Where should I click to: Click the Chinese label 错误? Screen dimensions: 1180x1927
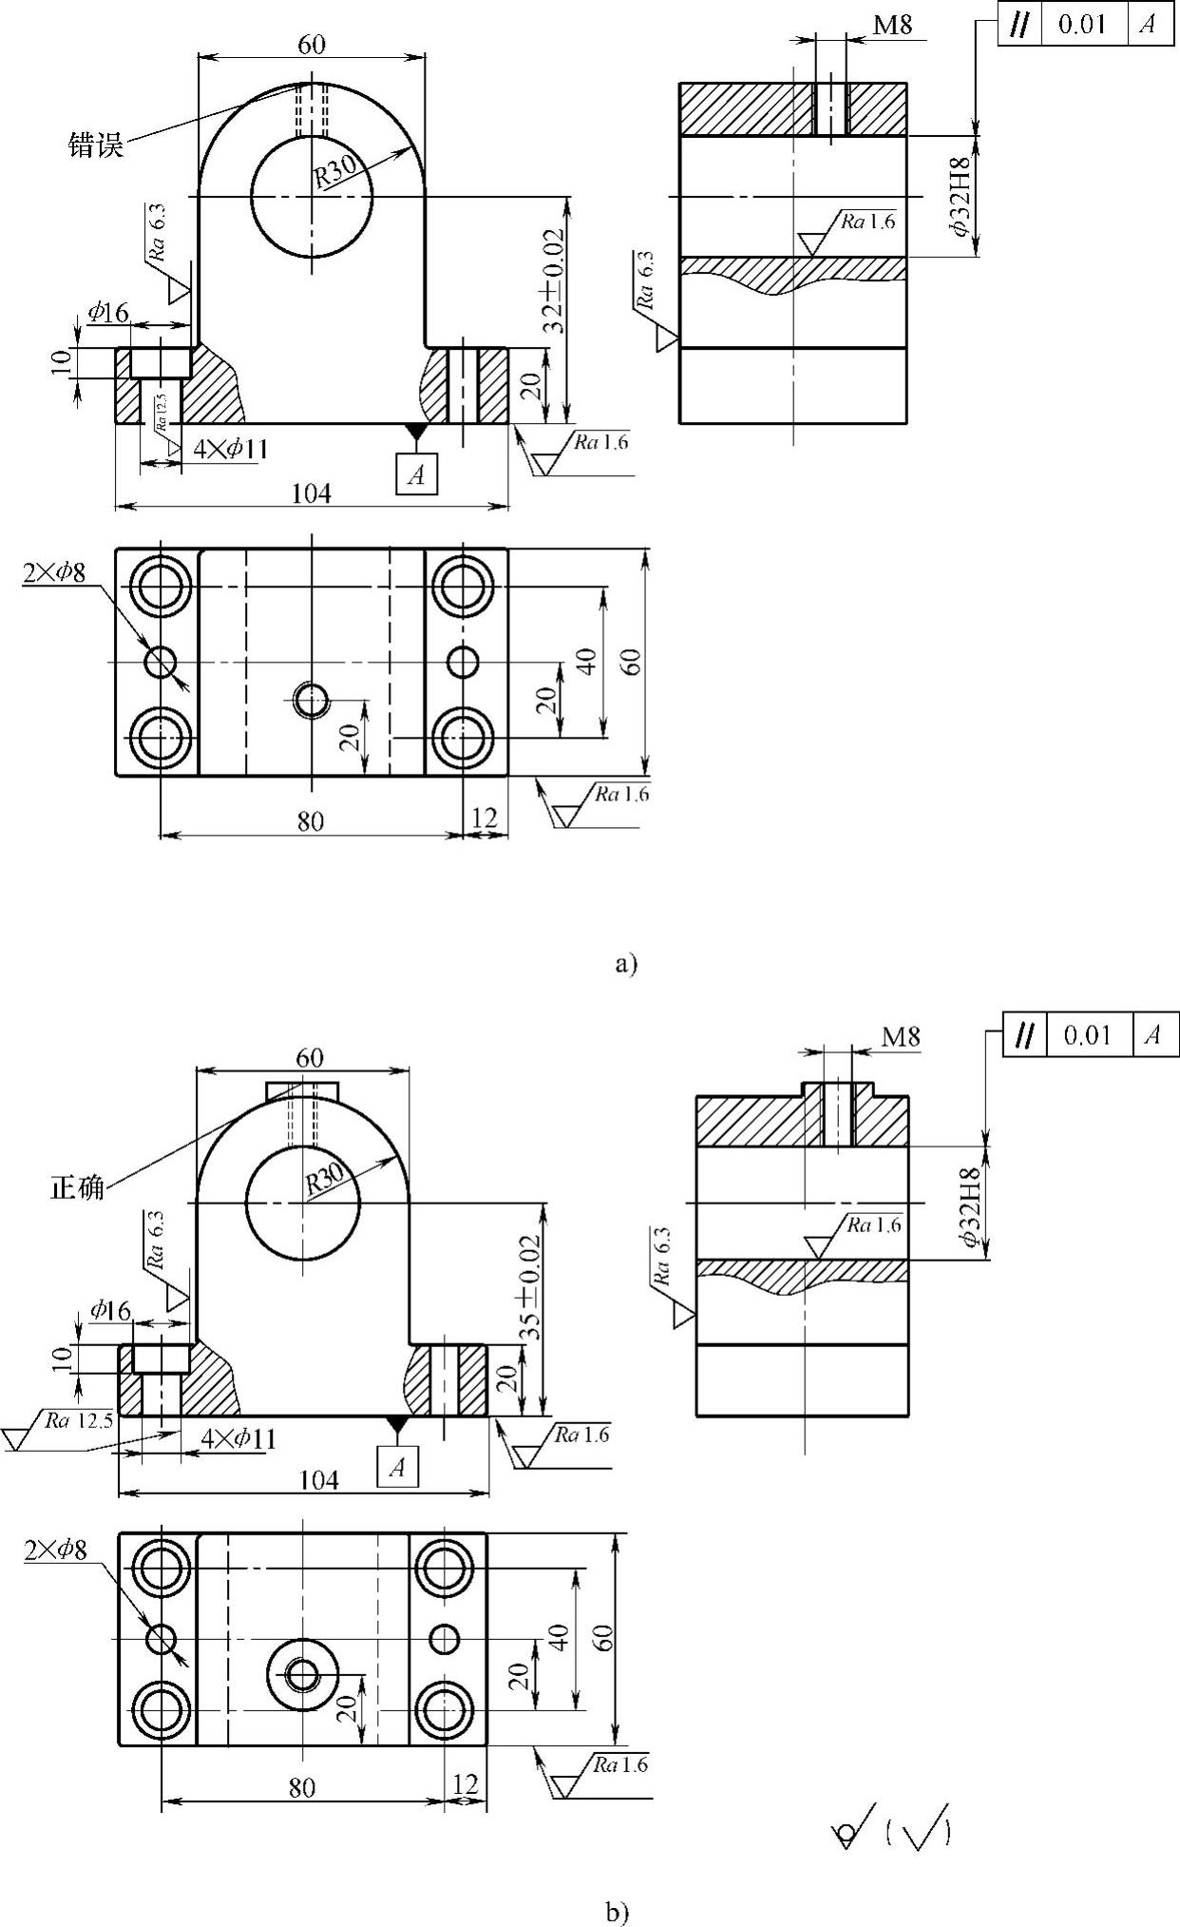(x=96, y=145)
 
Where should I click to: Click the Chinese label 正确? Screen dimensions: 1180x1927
(x=78, y=1187)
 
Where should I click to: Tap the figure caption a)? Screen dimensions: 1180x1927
(x=626, y=964)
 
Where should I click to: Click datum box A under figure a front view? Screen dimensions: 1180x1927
(x=417, y=474)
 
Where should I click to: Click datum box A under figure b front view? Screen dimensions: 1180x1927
(x=397, y=1467)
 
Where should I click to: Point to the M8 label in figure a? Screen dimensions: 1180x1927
(x=892, y=25)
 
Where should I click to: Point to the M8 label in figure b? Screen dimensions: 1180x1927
(x=901, y=1036)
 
